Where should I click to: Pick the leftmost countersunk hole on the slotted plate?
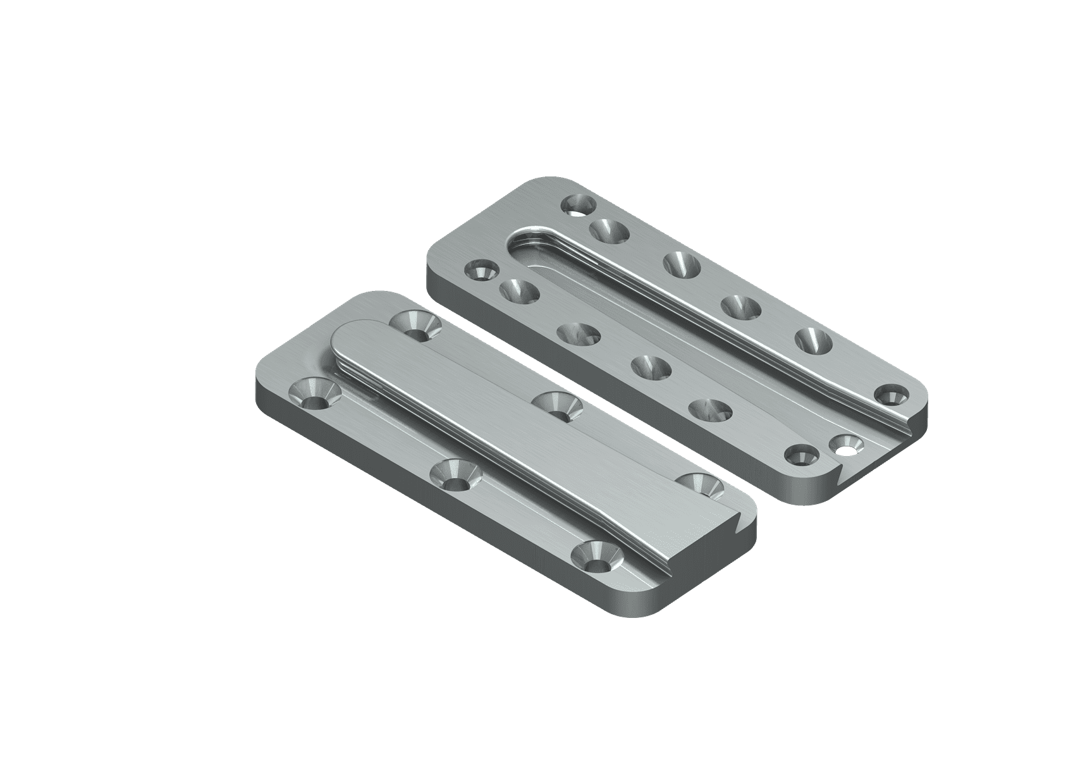480,272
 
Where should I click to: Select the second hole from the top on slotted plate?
610,230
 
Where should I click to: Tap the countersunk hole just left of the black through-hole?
802,454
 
